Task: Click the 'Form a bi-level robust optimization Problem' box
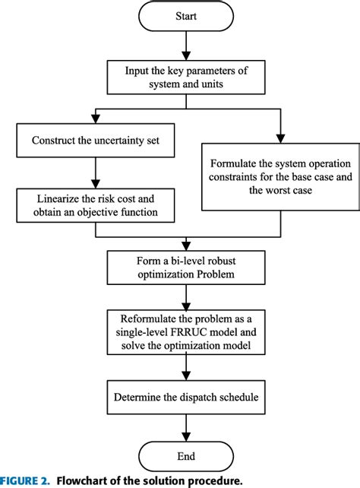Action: [x=186, y=265]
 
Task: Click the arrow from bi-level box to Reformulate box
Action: [x=186, y=294]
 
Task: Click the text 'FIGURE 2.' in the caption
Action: [x=26, y=480]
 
